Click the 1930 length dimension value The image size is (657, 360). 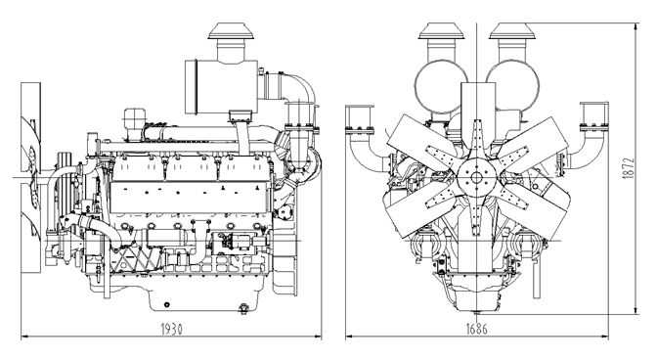[x=172, y=329]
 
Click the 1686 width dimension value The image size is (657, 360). [x=477, y=329]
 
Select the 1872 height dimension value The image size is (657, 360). [x=629, y=168]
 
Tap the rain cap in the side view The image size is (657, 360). [x=231, y=31]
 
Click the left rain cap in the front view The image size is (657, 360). [x=441, y=31]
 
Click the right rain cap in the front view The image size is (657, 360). [x=512, y=31]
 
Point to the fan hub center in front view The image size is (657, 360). [x=476, y=177]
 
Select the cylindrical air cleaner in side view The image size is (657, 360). [x=221, y=87]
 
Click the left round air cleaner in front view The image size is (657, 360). [x=440, y=86]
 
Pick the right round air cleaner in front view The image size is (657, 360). [x=513, y=86]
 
